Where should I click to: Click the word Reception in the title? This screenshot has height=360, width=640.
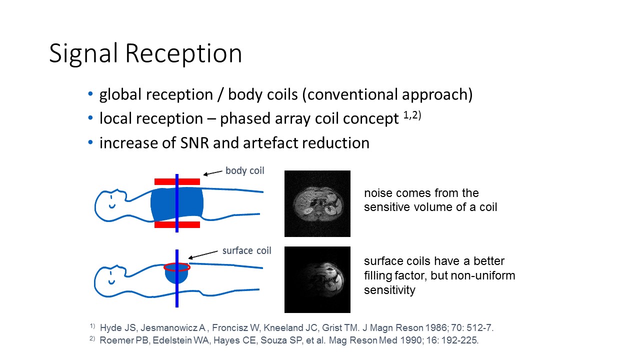tap(183, 53)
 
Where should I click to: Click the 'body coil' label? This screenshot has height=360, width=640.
tap(245, 171)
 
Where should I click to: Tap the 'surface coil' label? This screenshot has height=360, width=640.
tap(247, 250)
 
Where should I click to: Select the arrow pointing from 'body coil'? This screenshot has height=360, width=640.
tap(212, 173)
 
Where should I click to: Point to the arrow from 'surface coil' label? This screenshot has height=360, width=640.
tap(203, 255)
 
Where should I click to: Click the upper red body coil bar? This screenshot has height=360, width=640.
tap(177, 181)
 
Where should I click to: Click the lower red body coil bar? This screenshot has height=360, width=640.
tap(177, 224)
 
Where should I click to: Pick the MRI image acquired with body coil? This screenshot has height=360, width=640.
tap(317, 203)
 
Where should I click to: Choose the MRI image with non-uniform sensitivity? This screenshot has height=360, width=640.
tap(317, 279)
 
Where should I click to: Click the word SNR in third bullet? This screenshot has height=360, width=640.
tap(194, 143)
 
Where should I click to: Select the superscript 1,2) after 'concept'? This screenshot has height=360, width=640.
tap(412, 115)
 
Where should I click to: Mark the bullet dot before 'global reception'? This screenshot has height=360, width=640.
tap(90, 93)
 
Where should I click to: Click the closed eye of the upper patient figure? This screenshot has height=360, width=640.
tap(111, 197)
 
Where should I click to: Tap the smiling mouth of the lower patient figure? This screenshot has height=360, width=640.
tap(111, 282)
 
